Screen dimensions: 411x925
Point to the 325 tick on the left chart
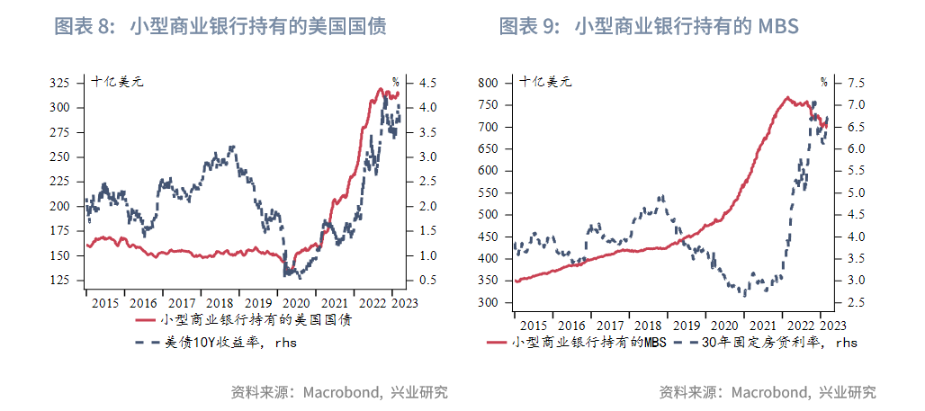(x=59, y=83)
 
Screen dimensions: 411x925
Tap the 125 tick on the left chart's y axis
(x=59, y=281)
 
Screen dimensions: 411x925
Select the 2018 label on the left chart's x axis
(x=219, y=303)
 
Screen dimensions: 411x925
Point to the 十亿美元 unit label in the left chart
(x=117, y=82)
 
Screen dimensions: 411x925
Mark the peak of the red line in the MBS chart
(x=787, y=97)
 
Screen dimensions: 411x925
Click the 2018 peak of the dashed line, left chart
(x=233, y=146)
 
